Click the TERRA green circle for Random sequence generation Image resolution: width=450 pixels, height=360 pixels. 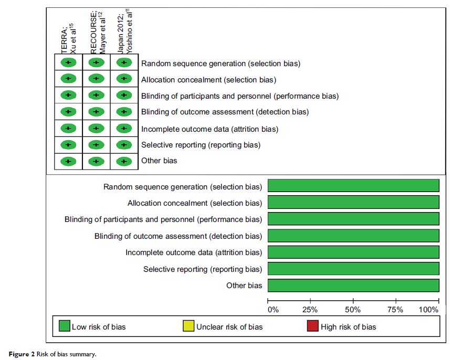coord(68,63)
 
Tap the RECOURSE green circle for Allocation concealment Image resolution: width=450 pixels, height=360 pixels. coord(96,79)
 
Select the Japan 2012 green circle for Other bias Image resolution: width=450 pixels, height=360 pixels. coord(123,161)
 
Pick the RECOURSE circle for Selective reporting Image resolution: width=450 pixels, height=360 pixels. coord(96,145)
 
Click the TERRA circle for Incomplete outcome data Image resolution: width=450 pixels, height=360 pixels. coord(68,129)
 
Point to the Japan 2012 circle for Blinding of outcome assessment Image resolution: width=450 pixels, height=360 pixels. coord(123,112)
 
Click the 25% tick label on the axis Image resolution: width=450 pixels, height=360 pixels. coord(310,310)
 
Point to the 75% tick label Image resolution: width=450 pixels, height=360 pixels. coord(395,310)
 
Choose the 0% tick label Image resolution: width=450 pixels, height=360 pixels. coord(273,310)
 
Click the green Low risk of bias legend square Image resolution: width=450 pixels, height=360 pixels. coord(64,326)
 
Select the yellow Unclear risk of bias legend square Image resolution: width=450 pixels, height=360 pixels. coord(189,326)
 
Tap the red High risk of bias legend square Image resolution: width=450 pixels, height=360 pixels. coord(313,326)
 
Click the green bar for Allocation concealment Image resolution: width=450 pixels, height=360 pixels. coord(353,203)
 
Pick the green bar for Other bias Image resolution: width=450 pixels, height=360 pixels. coord(353,285)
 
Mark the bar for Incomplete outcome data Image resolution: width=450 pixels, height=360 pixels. coord(353,252)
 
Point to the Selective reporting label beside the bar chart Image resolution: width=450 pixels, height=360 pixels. coord(203,269)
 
